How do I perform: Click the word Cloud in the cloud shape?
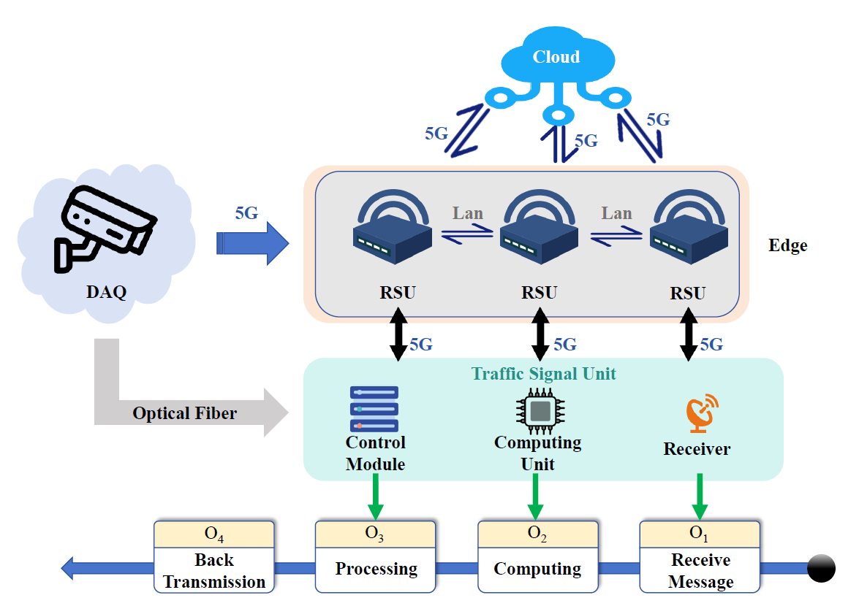[x=556, y=57]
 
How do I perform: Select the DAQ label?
[x=106, y=293]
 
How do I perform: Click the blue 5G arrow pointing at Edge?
[x=253, y=243]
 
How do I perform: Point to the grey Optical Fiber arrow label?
[x=184, y=413]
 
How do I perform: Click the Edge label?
[x=788, y=245]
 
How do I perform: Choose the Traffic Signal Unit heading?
[x=543, y=374]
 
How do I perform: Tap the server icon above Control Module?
[x=375, y=409]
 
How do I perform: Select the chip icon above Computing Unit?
[x=540, y=411]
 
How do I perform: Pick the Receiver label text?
[x=697, y=449]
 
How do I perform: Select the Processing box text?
[x=376, y=569]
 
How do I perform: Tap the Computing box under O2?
[x=537, y=569]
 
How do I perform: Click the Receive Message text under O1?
[x=700, y=571]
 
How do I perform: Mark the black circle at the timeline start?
[x=821, y=568]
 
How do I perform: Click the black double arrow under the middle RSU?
[x=540, y=334]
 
